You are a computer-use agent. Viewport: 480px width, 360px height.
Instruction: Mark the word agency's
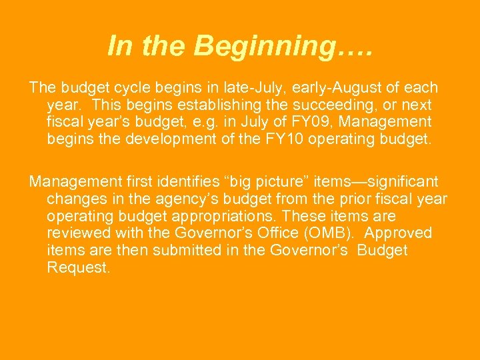203,199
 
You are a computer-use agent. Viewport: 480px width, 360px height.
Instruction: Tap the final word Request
77,268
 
